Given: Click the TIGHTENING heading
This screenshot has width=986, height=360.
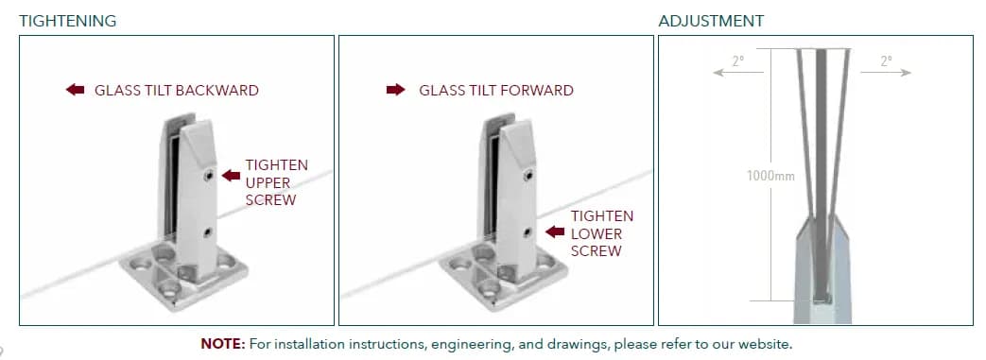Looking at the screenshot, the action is pos(68,21).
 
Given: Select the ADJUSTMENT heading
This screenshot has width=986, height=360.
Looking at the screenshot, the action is pos(711,21).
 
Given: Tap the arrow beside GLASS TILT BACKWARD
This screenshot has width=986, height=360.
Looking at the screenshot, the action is pos(75,90).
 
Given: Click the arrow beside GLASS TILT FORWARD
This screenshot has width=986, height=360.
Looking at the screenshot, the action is pos(395,90).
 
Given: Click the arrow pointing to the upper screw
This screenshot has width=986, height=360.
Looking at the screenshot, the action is pos(231,176).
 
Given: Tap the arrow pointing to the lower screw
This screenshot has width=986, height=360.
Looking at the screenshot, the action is pos(555,231).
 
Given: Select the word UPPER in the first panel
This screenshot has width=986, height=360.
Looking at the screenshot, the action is pos(268,182).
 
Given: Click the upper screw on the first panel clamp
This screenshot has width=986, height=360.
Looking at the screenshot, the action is pos(208,177).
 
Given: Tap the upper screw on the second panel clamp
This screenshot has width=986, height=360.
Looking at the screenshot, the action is pos(528,177).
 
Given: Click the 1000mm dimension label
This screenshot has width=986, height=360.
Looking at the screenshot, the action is pos(770,176).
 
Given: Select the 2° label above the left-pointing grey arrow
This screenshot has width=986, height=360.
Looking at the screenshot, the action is pos(737,60).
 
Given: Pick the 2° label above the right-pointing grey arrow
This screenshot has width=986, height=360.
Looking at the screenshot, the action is pos(886,60).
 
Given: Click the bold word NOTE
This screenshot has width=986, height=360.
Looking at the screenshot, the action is pos(222,344).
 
